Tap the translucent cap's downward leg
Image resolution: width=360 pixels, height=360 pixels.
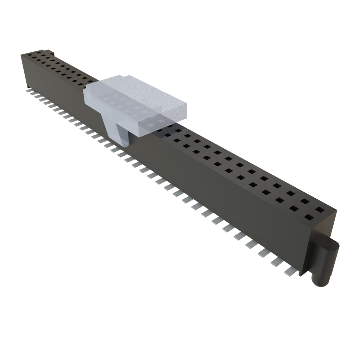pos(118,130)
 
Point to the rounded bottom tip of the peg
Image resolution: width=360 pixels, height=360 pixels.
pos(321,283)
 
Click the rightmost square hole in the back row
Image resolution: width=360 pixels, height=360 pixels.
pos(320,210)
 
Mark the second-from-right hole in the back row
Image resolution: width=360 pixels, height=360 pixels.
pos(305,201)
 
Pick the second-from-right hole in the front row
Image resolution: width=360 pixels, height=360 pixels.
pos(294,208)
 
